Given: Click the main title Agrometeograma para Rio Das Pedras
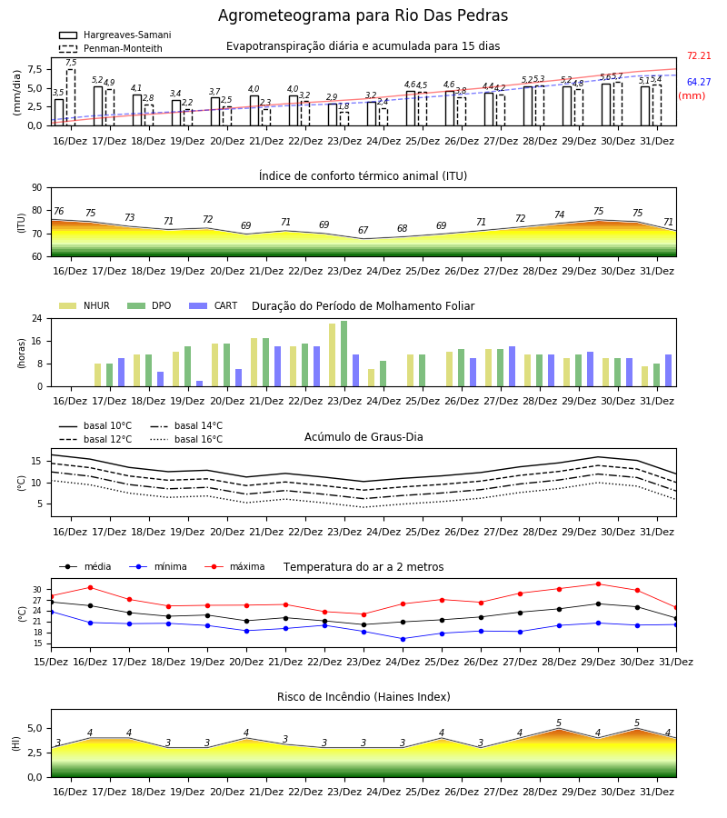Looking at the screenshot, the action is [363, 15].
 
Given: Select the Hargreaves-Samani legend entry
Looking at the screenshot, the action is [115, 35].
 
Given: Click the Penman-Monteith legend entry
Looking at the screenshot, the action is [111, 48].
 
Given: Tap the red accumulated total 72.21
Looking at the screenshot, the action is [699, 55].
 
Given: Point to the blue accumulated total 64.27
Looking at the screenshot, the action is [699, 82].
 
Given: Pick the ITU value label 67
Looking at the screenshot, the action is [363, 230].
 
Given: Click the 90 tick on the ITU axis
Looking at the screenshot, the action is [37, 188].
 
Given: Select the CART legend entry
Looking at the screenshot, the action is [213, 305].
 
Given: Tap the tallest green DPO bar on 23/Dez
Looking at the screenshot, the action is [344, 354].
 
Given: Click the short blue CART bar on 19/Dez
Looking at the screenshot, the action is [199, 384].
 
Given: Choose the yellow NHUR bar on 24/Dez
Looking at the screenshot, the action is [372, 378].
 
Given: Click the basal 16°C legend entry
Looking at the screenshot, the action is [186, 439].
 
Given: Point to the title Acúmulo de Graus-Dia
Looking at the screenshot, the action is [363, 437].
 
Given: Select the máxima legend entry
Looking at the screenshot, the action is [234, 566].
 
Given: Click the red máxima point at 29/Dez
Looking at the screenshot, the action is [598, 584].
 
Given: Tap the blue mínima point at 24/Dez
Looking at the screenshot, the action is [403, 639].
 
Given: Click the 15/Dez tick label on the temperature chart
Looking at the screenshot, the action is [51, 662].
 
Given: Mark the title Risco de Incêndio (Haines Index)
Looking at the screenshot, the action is [363, 697].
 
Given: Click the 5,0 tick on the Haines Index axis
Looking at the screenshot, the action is [35, 729].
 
